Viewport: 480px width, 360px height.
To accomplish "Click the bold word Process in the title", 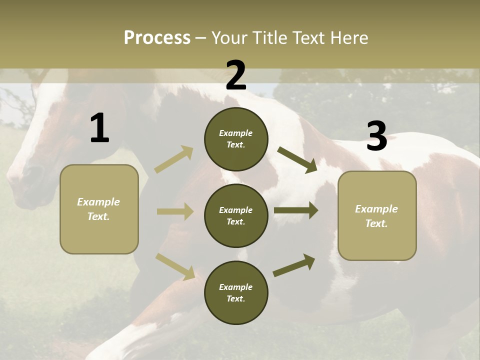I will (157, 37).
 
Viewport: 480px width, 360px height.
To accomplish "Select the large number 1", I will (99, 128).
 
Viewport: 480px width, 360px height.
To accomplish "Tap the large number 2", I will (236, 75).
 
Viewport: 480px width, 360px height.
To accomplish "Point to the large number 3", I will (376, 136).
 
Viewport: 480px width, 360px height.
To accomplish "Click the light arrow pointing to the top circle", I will (174, 159).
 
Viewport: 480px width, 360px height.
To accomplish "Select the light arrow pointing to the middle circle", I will (175, 211).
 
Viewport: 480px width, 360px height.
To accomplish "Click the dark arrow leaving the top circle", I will (297, 159).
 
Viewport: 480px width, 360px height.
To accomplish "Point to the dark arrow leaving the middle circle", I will (295, 210).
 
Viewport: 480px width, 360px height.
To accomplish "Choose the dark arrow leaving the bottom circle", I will (294, 265).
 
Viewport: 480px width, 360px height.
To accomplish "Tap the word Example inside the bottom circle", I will (235, 287).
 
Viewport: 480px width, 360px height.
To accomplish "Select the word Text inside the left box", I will (98, 216).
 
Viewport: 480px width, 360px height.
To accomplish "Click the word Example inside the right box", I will (376, 209).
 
